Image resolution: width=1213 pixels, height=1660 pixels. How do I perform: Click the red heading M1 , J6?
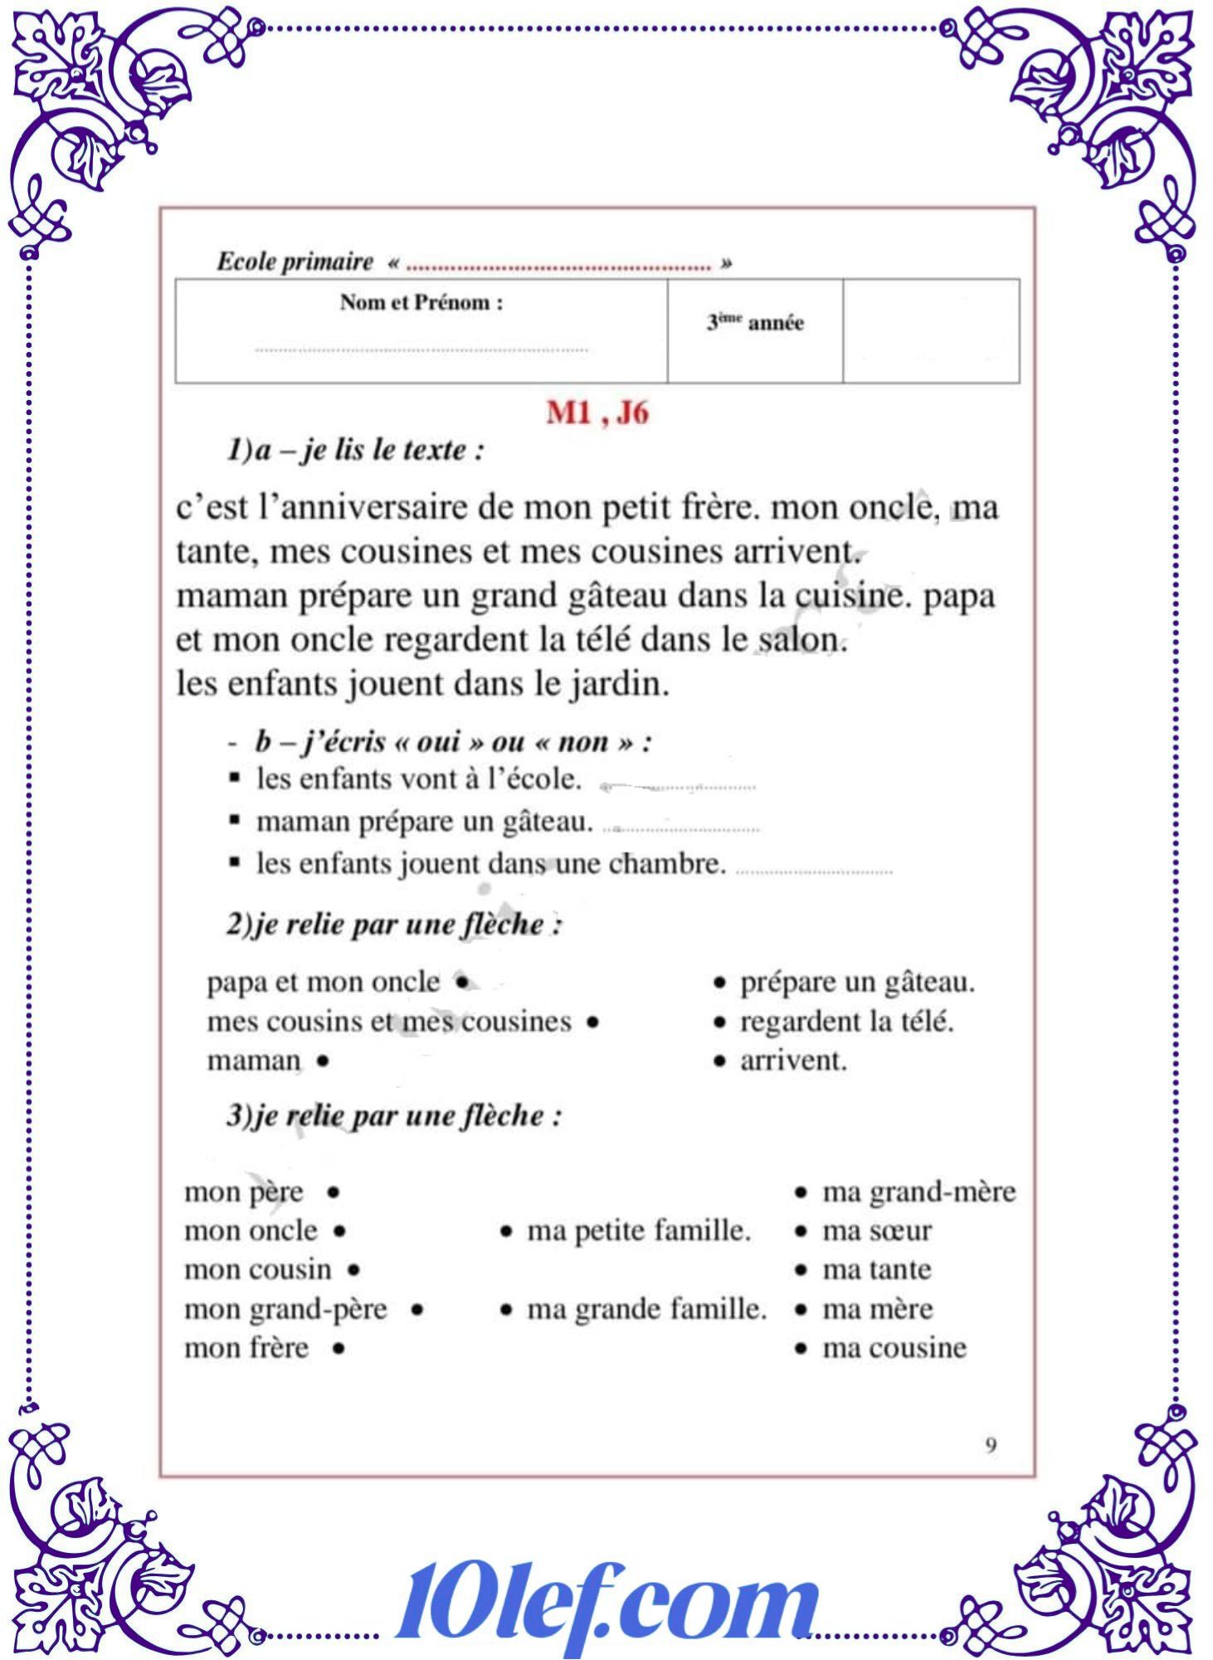click(597, 413)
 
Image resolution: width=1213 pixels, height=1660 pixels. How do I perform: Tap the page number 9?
click(991, 1446)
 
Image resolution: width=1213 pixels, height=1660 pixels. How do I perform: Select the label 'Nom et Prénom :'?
click(421, 303)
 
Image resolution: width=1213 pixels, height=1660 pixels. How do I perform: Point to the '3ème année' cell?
click(755, 323)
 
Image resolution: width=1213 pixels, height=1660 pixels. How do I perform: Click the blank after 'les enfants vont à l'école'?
click(679, 785)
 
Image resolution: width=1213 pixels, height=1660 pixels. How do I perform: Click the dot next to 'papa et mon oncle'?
click(462, 983)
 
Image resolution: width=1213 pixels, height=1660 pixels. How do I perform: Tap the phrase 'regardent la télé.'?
click(846, 1022)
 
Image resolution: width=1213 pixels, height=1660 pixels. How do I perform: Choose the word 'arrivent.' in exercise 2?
click(793, 1061)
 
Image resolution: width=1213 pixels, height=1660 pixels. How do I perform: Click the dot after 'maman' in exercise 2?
click(323, 1061)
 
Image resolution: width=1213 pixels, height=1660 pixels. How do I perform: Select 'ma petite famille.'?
click(639, 1231)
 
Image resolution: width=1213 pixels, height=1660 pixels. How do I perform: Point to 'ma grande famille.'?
click(647, 1310)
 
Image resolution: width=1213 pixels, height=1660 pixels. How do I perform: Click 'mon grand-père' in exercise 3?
click(285, 1310)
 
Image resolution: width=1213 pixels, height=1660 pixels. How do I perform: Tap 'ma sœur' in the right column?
click(877, 1231)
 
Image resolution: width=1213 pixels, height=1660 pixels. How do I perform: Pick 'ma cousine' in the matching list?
click(894, 1349)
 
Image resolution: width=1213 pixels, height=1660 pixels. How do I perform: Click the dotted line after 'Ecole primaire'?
click(559, 267)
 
